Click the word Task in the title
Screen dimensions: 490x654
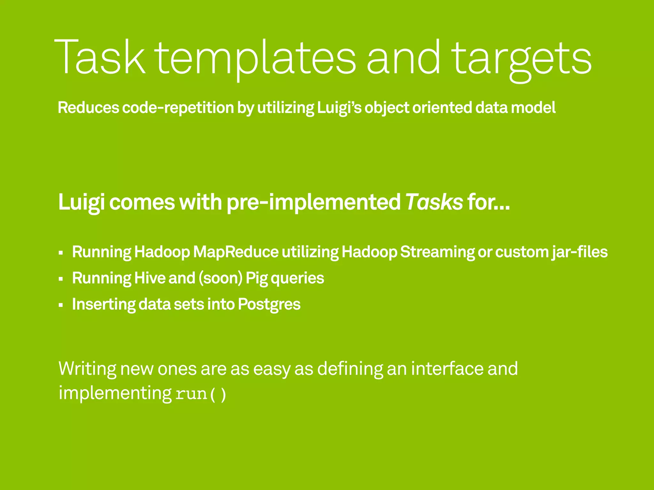pyautogui.click(x=100, y=57)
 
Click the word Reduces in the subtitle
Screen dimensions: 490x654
pyautogui.click(x=88, y=108)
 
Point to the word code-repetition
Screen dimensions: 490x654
pyautogui.click(x=178, y=108)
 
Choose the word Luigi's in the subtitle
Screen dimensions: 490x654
pyautogui.click(x=339, y=108)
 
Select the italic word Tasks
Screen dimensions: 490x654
pyautogui.click(x=434, y=202)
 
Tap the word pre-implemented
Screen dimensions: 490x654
pyautogui.click(x=313, y=203)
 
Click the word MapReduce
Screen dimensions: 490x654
pyautogui.click(x=236, y=252)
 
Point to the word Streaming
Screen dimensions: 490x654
pyautogui.click(x=437, y=252)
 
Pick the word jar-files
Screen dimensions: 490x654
pyautogui.click(x=580, y=252)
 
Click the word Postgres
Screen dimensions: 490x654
pyautogui.click(x=269, y=304)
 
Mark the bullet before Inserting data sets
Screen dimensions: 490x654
pyautogui.click(x=61, y=305)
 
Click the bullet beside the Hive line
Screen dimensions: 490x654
pyautogui.click(x=61, y=279)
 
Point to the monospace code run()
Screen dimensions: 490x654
pyautogui.click(x=201, y=394)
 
